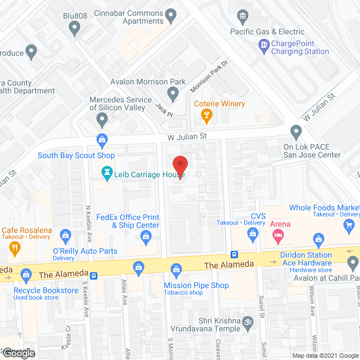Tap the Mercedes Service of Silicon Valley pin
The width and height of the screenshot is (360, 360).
(x=102, y=119)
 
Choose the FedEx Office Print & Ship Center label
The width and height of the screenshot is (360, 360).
(x=128, y=221)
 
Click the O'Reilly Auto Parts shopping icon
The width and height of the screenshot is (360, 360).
(x=65, y=234)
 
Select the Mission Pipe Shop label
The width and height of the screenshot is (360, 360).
(x=196, y=285)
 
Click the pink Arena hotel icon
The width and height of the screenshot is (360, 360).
(x=278, y=237)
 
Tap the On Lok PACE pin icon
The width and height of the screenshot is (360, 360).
(x=296, y=133)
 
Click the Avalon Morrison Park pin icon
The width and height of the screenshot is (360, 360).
(x=173, y=94)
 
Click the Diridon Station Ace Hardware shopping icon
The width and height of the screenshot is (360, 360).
(x=318, y=239)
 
